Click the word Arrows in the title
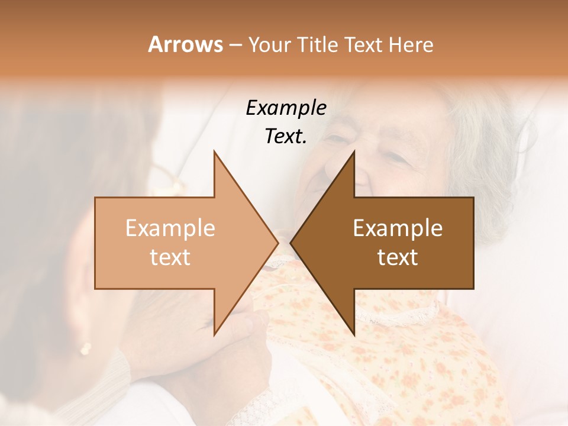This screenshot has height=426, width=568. [185, 44]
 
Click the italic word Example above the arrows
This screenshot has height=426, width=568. [286, 108]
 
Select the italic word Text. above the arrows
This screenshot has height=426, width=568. [286, 137]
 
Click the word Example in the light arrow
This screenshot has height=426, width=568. [170, 228]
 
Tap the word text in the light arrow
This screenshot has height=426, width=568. [170, 257]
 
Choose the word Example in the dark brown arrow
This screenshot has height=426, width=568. [398, 228]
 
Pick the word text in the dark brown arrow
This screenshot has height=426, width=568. [398, 257]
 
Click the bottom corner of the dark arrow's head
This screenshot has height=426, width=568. [354, 334]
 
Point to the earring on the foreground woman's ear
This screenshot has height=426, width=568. [86, 349]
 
